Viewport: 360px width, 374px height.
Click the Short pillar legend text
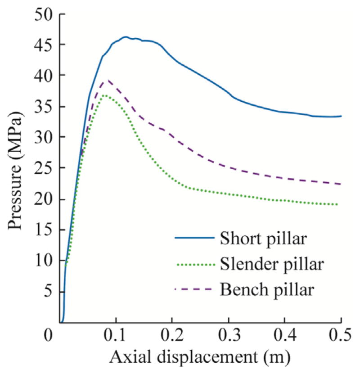263,238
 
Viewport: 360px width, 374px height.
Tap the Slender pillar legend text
271,264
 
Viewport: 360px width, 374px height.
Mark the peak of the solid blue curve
126,37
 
